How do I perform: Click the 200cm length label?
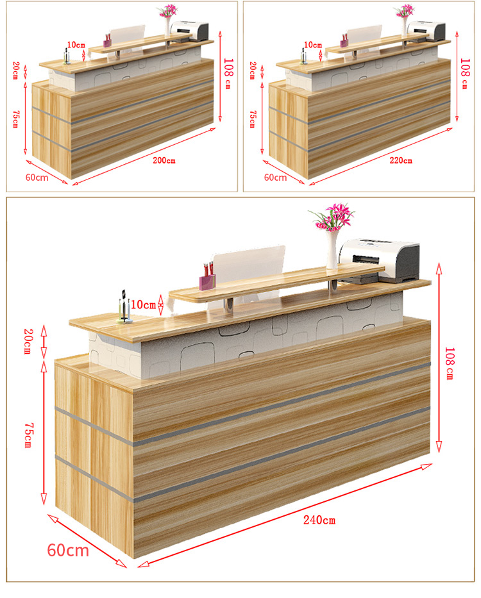pos(164,161)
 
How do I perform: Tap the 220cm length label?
pos(401,161)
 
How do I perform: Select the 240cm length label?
pos(319,520)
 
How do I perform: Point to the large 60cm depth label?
pos(68,551)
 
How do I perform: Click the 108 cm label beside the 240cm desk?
pos(450,363)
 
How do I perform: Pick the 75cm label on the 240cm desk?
pos(28,435)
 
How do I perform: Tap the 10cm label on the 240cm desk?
pos(144,304)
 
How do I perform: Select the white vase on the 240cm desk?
pos(332,249)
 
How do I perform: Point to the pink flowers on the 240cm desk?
pos(333,217)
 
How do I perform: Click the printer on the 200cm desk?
pos(190,31)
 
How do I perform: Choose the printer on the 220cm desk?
pos(426,31)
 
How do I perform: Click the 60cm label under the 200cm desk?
pos(37,178)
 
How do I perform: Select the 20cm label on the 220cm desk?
pos(252,71)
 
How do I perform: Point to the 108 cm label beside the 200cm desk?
pos(228,74)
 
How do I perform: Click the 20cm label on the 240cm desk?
pos(28,342)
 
